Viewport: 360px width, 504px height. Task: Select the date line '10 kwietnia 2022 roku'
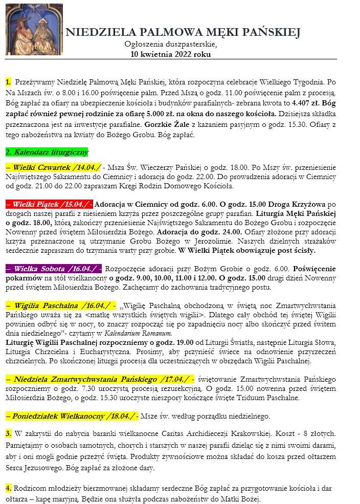170,54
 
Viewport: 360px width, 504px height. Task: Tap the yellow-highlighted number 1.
8,82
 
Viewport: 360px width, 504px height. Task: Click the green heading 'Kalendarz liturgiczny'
47,152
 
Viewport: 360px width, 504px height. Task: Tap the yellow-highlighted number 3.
8,433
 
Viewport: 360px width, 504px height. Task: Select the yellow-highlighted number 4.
8,488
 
